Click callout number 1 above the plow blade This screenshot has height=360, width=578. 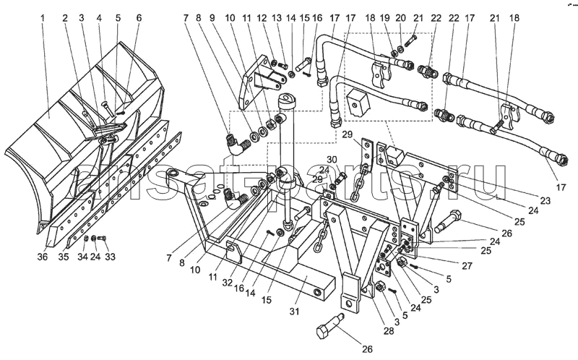44,17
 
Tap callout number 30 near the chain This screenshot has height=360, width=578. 331,160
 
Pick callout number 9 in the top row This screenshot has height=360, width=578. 212,17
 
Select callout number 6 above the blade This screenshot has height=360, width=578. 139,17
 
